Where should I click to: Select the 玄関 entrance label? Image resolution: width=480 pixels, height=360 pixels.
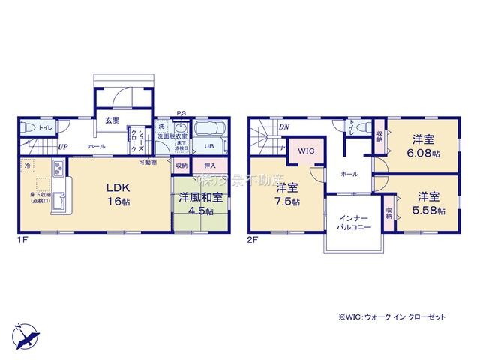[x=111, y=121]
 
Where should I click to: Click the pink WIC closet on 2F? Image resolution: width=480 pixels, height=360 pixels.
[x=306, y=151]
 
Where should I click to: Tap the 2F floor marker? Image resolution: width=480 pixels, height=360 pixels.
[x=253, y=240]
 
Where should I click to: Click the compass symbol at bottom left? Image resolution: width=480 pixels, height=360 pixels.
[x=24, y=331]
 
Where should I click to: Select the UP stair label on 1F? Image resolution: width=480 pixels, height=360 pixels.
[x=64, y=147]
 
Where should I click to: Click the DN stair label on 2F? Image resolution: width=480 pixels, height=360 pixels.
[x=284, y=127]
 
